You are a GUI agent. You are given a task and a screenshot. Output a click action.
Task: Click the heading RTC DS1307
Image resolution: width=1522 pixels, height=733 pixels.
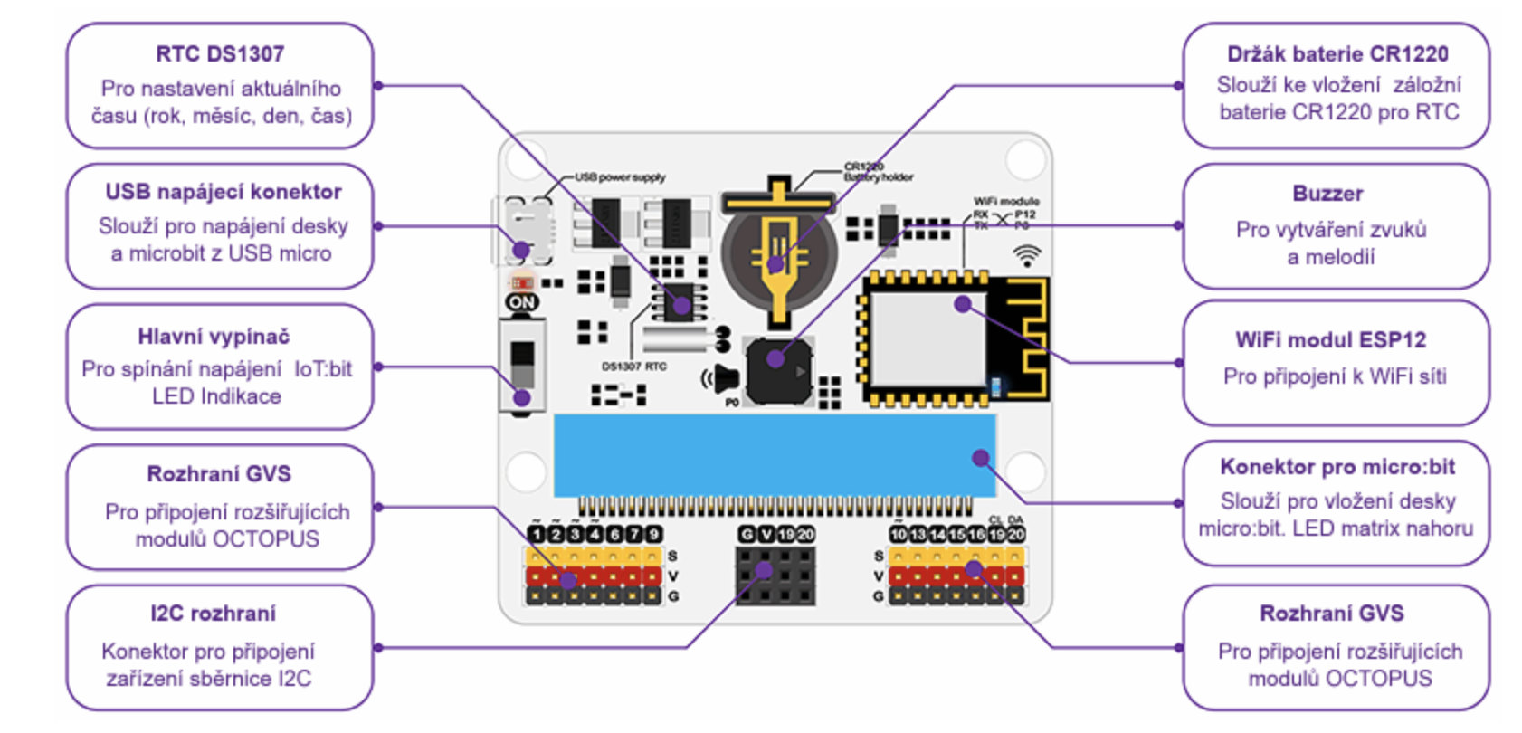220,53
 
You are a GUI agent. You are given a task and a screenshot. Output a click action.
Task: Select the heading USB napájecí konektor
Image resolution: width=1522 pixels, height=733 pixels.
224,192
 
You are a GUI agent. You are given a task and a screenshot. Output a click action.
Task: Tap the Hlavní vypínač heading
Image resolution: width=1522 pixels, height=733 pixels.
214,337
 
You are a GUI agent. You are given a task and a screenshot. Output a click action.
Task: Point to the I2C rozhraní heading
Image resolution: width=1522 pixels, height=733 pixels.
213,614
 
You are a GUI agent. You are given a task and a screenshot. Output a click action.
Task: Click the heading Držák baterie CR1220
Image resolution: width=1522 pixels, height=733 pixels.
1337,54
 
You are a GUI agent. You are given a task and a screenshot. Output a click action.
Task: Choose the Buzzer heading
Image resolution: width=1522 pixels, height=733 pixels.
1327,194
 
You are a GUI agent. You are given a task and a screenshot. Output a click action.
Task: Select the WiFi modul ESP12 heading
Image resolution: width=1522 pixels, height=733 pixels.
1330,340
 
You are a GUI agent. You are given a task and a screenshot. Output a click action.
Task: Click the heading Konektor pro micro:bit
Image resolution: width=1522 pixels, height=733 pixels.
1337,467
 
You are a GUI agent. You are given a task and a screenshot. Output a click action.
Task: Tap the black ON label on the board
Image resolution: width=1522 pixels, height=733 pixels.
522,302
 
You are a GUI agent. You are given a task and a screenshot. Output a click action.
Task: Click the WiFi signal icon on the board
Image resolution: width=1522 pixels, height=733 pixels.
1026,255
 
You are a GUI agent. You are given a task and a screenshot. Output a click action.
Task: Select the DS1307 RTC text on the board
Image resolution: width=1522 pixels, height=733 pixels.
633,366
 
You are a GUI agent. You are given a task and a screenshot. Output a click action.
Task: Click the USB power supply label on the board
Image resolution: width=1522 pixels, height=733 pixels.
620,177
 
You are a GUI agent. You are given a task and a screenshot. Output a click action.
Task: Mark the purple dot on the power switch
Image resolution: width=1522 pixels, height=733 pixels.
522,397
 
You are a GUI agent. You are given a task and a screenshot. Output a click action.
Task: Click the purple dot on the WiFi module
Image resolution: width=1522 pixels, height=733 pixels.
963,304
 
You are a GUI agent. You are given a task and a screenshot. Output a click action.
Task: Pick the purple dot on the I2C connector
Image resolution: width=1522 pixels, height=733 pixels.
764,570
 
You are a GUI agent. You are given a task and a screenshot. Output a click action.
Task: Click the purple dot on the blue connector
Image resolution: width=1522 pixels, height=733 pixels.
980,458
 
